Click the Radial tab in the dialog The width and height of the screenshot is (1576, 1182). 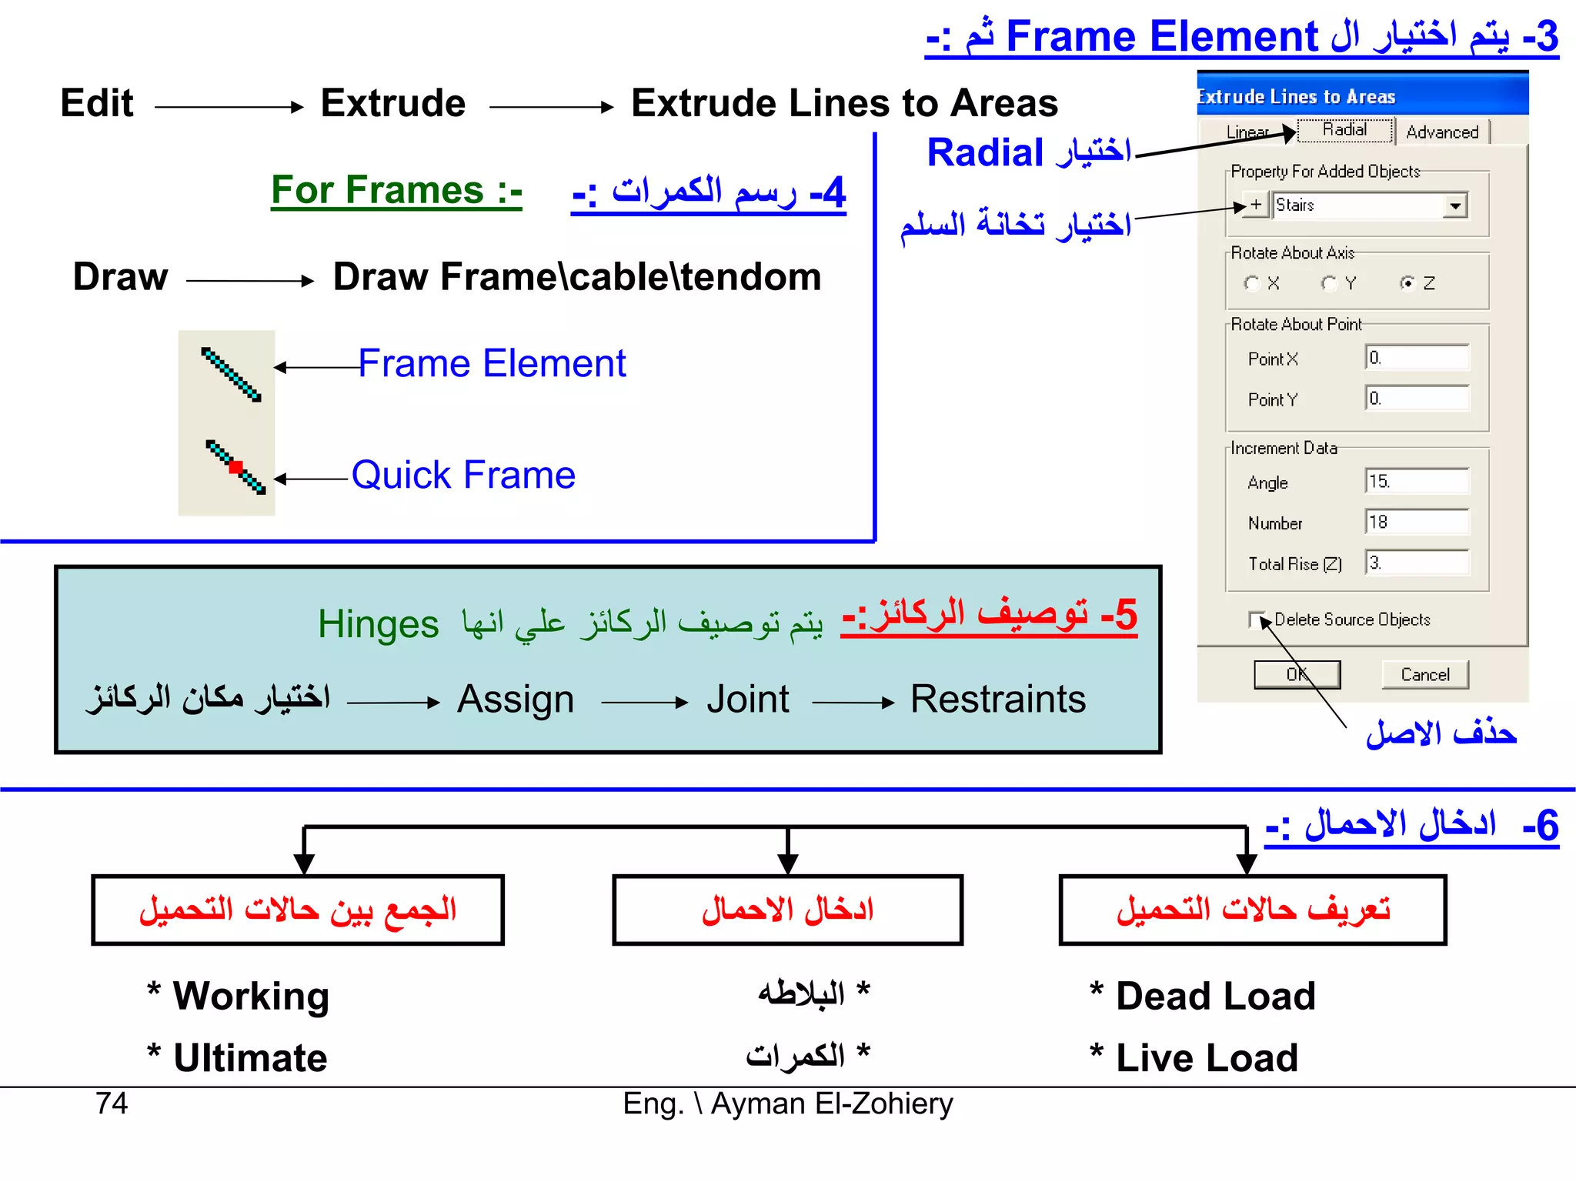pyautogui.click(x=1345, y=130)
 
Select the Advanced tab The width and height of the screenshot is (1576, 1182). pyautogui.click(x=1442, y=132)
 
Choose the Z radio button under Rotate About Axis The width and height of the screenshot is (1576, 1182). pyautogui.click(x=1407, y=284)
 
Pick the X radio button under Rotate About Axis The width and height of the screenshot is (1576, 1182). pyautogui.click(x=1252, y=284)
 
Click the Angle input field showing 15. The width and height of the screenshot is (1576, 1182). pyautogui.click(x=1417, y=482)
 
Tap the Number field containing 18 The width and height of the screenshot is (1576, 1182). pyautogui.click(x=1417, y=523)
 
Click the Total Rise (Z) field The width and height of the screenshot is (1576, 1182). pyautogui.click(x=1417, y=563)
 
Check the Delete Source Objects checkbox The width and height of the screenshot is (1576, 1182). pyautogui.click(x=1257, y=619)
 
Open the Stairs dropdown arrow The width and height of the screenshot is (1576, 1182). pyautogui.click(x=1455, y=206)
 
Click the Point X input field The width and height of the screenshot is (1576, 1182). pyautogui.click(x=1417, y=358)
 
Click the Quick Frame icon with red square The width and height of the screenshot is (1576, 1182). pyautogui.click(x=235, y=467)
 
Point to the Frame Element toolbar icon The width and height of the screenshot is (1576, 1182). pyautogui.click(x=231, y=375)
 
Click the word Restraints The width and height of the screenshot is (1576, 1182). pyautogui.click(x=998, y=700)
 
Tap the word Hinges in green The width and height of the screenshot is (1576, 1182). pyautogui.click(x=378, y=624)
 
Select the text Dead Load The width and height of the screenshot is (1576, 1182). pyautogui.click(x=1215, y=996)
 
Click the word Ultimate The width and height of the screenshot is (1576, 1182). pyautogui.click(x=250, y=1058)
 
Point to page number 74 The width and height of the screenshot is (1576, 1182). pyautogui.click(x=112, y=1104)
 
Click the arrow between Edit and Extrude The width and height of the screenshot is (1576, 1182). pyautogui.click(x=229, y=107)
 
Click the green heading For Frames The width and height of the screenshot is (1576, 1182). pyautogui.click(x=396, y=190)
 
